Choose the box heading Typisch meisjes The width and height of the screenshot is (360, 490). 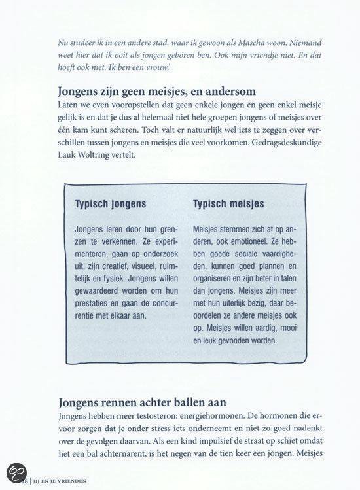[x=228, y=203]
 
